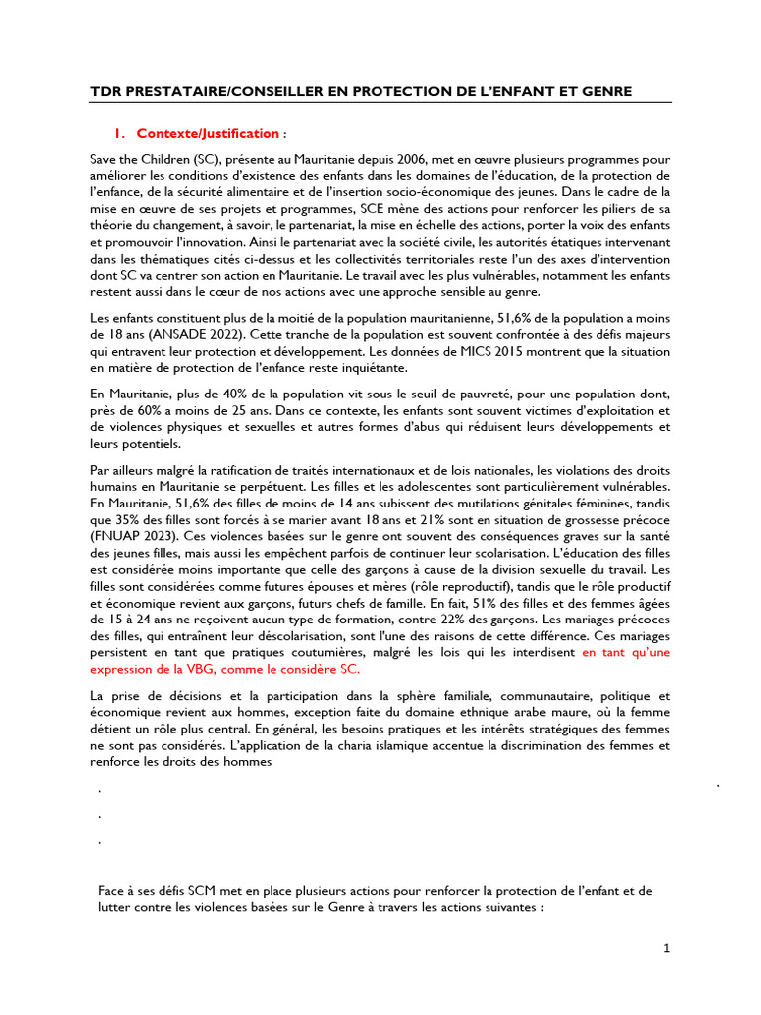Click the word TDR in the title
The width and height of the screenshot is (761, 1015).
point(106,92)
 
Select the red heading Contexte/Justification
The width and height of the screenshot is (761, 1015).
point(208,133)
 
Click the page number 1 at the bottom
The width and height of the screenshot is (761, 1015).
point(667,949)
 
